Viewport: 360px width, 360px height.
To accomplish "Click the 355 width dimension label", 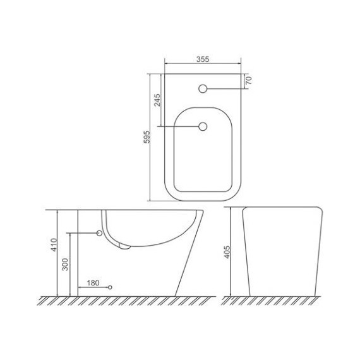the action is coord(203,59).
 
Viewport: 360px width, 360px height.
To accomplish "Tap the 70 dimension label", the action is coord(249,80).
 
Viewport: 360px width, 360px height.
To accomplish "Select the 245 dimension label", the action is coord(157,100).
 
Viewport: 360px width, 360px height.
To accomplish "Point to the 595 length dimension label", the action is coord(147,137).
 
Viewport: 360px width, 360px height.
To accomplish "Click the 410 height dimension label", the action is coord(54,245).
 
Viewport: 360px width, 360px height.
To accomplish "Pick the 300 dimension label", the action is coord(66,265).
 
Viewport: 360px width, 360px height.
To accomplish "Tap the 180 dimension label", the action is coord(93,283).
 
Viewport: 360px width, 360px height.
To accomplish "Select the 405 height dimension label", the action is coord(227,252).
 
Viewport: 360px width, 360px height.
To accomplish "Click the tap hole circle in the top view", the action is coord(203,88).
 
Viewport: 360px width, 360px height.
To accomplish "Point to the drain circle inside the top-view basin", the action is coord(203,126).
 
